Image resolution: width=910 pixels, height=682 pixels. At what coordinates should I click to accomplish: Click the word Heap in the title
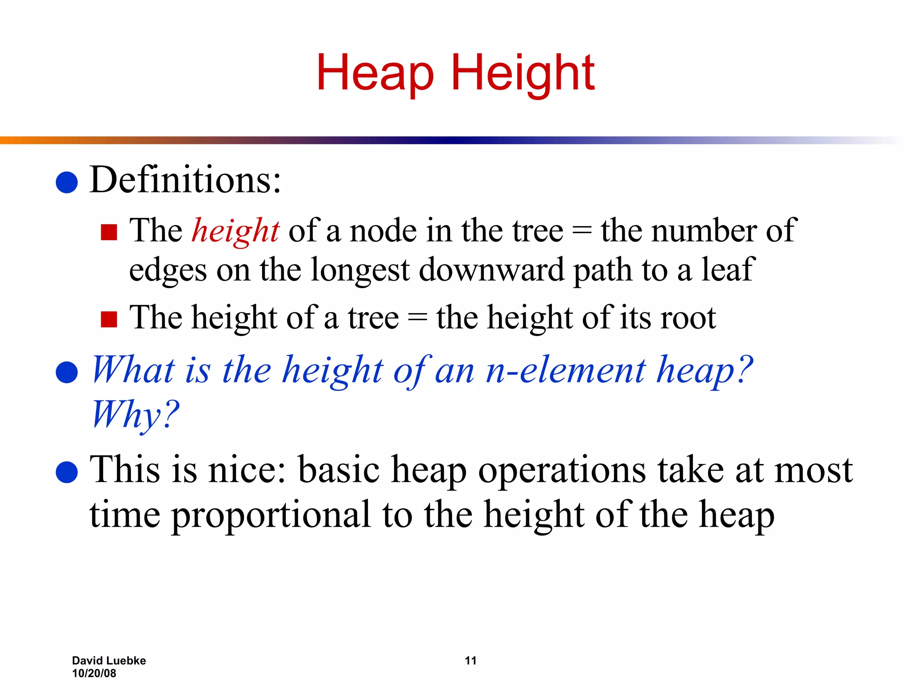(x=375, y=73)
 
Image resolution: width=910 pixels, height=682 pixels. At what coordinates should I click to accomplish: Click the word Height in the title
(x=523, y=73)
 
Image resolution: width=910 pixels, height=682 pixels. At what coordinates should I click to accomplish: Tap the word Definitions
(x=185, y=180)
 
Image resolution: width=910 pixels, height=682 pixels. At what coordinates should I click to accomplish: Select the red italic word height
(x=235, y=231)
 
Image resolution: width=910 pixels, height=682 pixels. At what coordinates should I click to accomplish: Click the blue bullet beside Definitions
(x=67, y=182)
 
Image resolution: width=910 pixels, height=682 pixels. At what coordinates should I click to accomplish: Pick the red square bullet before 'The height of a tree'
(x=109, y=319)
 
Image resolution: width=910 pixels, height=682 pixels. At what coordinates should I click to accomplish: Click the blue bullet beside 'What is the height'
(x=67, y=372)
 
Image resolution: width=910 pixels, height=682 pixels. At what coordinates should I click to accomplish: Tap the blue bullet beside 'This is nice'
(x=67, y=472)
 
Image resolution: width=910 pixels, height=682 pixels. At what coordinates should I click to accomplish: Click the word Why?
(x=136, y=414)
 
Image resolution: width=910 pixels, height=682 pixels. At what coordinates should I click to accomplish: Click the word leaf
(x=728, y=270)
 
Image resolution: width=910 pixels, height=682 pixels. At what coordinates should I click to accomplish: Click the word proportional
(x=271, y=515)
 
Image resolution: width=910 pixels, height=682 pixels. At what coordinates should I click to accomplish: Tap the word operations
(x=562, y=471)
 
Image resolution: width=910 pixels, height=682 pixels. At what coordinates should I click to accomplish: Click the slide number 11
(x=471, y=661)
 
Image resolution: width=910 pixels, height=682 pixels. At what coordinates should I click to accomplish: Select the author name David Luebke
(x=109, y=661)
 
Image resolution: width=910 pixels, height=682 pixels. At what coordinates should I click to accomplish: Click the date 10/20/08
(x=94, y=673)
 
